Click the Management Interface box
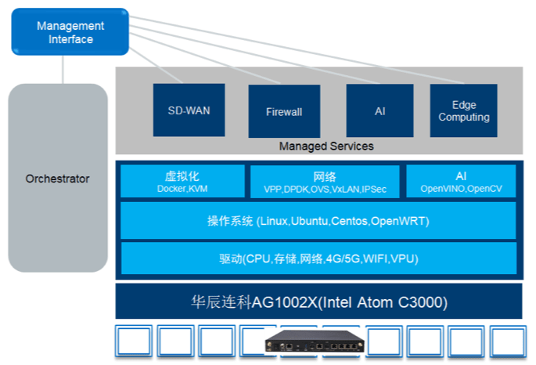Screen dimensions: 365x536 70,32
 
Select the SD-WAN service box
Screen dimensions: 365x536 189,110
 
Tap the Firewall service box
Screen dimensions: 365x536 284,111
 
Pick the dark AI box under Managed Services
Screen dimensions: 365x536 380,110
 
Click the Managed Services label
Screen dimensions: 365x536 326,146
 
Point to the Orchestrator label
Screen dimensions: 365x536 57,179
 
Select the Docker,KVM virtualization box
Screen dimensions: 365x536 182,182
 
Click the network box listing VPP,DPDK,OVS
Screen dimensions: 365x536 325,182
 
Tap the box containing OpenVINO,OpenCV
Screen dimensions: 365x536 461,182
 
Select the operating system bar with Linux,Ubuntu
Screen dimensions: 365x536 318,221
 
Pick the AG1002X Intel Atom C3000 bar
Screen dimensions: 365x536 318,302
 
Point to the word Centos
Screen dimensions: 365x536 351,222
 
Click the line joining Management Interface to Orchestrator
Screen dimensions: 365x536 63,69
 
